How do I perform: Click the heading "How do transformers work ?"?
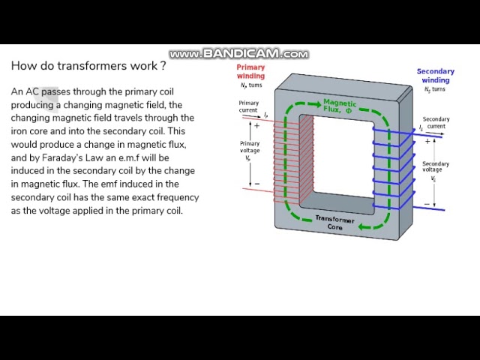coord(88,66)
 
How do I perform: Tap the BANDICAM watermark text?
coord(238,54)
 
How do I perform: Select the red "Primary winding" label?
coord(250,71)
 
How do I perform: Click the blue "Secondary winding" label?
coord(435,76)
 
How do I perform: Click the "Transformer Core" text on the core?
coord(334,223)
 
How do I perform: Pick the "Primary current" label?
coord(249,106)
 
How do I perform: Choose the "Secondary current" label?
coord(436,122)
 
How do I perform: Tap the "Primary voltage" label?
coord(250,146)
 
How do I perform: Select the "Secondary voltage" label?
coord(435,167)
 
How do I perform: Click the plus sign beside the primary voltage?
coord(257,126)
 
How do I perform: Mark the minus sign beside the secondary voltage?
coord(427,203)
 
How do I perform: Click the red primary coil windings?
coord(286,157)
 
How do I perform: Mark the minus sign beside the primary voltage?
coord(257,183)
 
